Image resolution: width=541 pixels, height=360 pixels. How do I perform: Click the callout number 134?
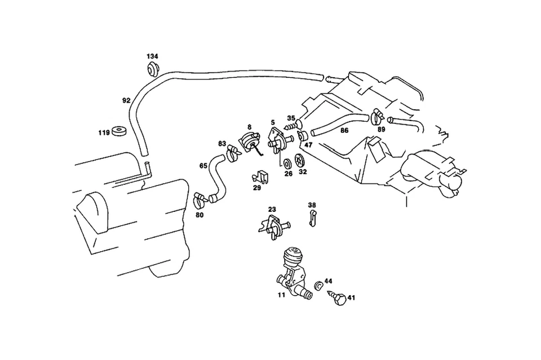[152, 57]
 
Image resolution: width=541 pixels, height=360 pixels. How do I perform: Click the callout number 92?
[126, 101]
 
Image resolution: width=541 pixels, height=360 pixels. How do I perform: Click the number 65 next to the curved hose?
[203, 166]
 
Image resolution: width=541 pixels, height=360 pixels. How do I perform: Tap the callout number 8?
[249, 128]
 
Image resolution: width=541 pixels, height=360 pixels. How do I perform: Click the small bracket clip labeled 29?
[260, 177]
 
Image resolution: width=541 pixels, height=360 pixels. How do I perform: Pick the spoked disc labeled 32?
[301, 161]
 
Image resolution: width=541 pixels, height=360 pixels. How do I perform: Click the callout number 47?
[308, 145]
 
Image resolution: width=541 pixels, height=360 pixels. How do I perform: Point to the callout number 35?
[291, 118]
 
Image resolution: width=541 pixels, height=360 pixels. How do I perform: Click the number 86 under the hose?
[344, 130]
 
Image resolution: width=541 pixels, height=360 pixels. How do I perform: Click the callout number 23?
[272, 210]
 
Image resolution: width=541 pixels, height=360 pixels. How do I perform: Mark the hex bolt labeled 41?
[339, 298]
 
